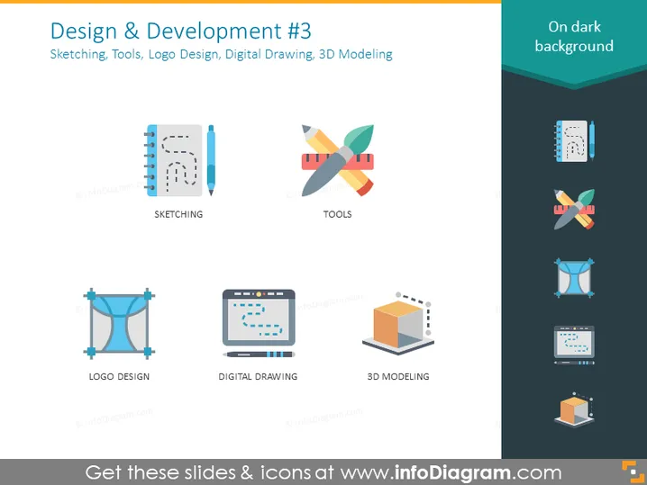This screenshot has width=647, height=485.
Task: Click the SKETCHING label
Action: (178, 214)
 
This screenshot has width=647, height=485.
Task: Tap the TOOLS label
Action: (338, 214)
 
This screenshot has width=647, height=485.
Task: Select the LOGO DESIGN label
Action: (119, 377)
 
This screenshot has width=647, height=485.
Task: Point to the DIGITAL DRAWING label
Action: (258, 377)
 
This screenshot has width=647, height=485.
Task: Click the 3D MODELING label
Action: (398, 377)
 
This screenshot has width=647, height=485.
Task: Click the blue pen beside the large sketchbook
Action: (211, 160)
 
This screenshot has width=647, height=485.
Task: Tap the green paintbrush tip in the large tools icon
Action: (360, 137)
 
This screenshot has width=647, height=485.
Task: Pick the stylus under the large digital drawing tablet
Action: (259, 355)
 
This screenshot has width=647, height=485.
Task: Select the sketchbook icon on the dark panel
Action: (574, 141)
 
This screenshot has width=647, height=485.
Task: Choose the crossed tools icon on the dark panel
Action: (574, 210)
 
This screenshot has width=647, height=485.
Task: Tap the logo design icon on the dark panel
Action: (574, 278)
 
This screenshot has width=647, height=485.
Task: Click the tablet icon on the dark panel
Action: (574, 346)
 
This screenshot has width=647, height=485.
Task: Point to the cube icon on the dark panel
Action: (574, 410)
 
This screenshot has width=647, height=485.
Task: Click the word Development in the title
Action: (214, 31)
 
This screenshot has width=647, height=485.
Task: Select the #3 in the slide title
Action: (299, 31)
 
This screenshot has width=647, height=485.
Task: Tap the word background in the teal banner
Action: (574, 46)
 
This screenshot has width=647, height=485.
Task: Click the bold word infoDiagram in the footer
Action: (452, 472)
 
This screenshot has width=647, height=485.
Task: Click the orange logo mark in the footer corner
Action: (633, 472)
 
